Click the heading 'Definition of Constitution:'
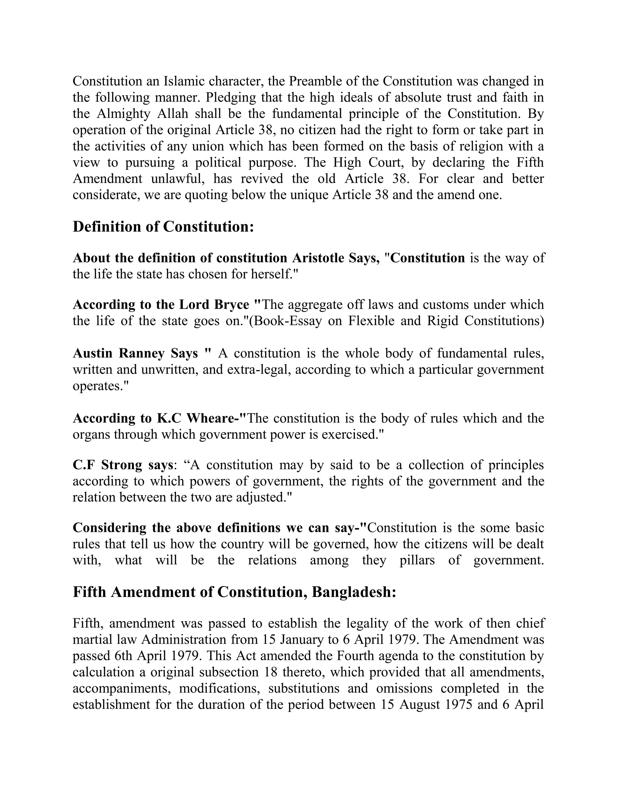click(163, 227)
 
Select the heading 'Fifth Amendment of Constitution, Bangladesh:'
click(234, 592)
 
